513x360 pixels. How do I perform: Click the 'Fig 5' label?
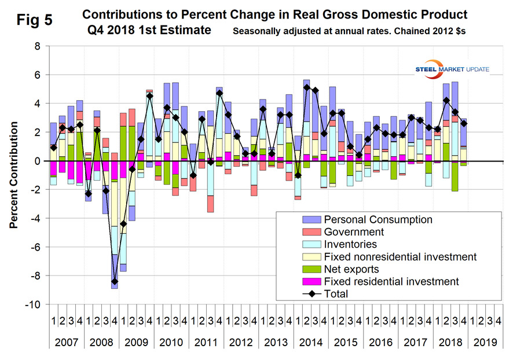(31, 19)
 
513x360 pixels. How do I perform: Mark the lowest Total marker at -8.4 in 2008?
(115, 281)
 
